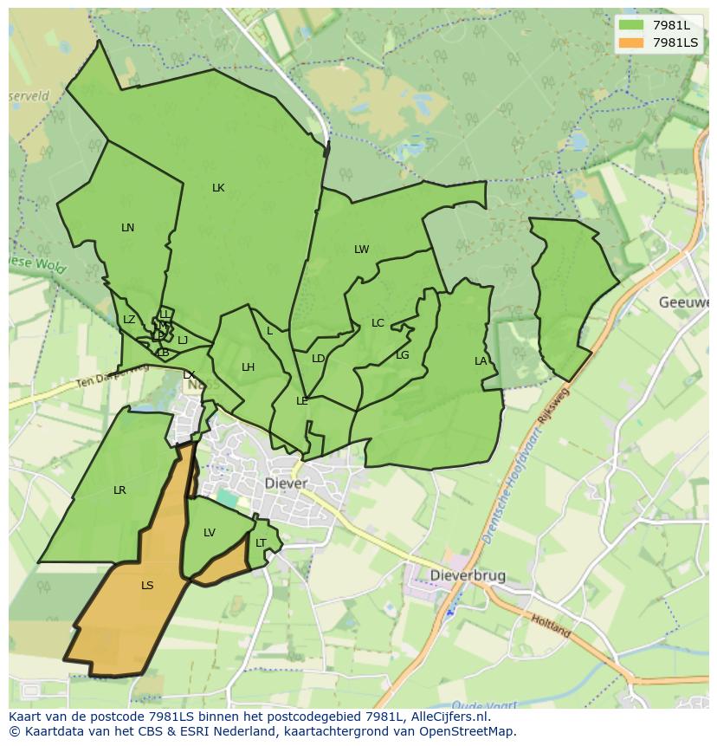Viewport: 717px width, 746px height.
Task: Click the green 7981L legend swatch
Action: point(632,25)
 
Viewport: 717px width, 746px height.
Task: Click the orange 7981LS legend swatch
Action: point(632,42)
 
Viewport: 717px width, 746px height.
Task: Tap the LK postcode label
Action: point(218,188)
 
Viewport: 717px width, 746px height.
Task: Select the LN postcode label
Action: point(128,228)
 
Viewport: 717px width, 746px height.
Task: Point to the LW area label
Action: point(361,250)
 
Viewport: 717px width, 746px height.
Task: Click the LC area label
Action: point(378,323)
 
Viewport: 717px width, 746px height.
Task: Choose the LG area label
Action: point(403,355)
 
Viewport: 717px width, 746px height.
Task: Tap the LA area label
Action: point(481,361)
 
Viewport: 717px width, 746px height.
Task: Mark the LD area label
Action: point(318,359)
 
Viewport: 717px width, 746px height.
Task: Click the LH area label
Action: point(249,367)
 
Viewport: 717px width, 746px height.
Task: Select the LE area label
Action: point(302,401)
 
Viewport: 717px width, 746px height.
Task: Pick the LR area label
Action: point(119,490)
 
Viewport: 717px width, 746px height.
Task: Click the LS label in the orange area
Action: point(147,586)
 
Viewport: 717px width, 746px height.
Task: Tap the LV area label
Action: point(210,533)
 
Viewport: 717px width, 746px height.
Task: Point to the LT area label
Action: point(261,543)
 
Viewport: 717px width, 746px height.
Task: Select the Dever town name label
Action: point(286,483)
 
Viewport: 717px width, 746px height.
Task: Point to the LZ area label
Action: point(129,320)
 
